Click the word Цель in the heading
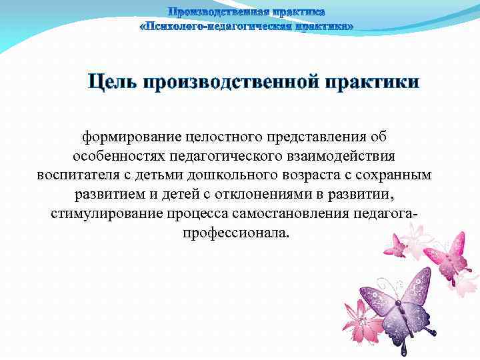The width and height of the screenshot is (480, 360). (x=113, y=83)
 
